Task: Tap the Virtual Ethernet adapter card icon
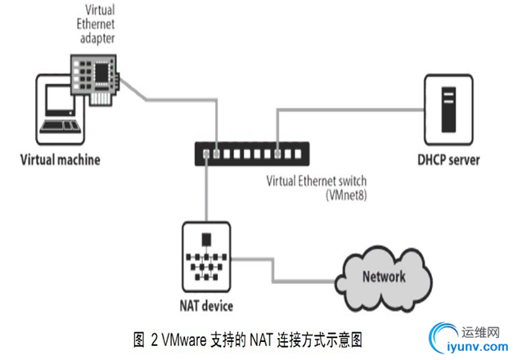click(97, 77)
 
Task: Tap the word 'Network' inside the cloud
click(383, 276)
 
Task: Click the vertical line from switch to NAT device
click(207, 188)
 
